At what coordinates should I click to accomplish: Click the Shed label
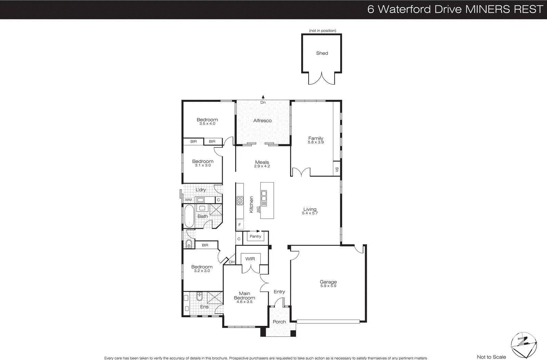tap(322, 53)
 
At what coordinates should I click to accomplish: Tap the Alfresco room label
tap(263, 121)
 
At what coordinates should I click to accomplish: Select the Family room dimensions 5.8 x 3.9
tap(316, 142)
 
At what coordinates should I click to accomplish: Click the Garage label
tap(328, 282)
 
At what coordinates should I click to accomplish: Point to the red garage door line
tap(328, 321)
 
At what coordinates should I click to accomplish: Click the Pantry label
tap(255, 236)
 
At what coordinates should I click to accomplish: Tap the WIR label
tap(250, 259)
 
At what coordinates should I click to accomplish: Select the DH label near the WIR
tap(232, 262)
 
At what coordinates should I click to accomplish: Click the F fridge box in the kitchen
tap(240, 225)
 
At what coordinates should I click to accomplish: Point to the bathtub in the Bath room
tap(189, 216)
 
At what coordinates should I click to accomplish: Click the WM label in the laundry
tap(188, 200)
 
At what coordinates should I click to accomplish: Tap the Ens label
tap(204, 307)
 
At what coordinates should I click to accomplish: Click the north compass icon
tap(523, 344)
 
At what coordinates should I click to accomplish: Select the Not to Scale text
tap(491, 357)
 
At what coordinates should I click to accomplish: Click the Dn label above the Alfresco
tap(263, 103)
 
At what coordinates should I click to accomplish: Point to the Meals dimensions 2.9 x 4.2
tap(262, 166)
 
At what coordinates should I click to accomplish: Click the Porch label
tap(279, 322)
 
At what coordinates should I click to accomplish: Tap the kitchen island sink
tap(264, 195)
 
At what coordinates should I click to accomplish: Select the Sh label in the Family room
tap(337, 169)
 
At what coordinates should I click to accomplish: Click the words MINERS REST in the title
tap(504, 9)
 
